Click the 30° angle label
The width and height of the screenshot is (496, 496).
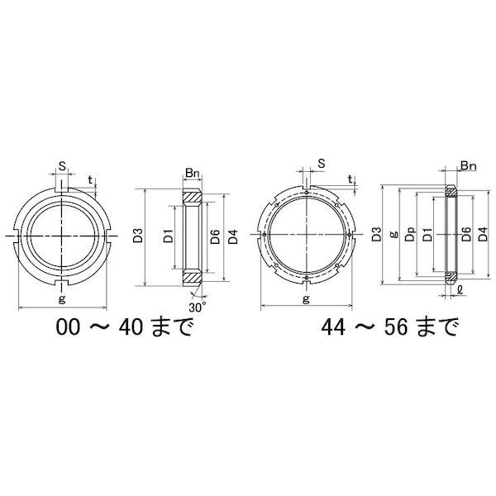[x=198, y=308]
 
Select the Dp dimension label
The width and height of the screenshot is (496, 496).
[x=410, y=235]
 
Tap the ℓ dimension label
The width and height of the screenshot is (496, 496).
[x=460, y=290]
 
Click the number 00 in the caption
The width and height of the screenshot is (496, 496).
[x=68, y=327]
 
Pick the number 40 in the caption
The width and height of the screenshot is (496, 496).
[x=131, y=327]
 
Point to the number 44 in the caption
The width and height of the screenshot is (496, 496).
[x=333, y=327]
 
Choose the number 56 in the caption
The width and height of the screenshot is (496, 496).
[x=396, y=327]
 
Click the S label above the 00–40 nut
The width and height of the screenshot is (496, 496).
[x=63, y=166]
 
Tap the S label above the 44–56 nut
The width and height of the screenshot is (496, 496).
[x=322, y=163]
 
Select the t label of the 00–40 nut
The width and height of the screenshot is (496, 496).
[x=90, y=179]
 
